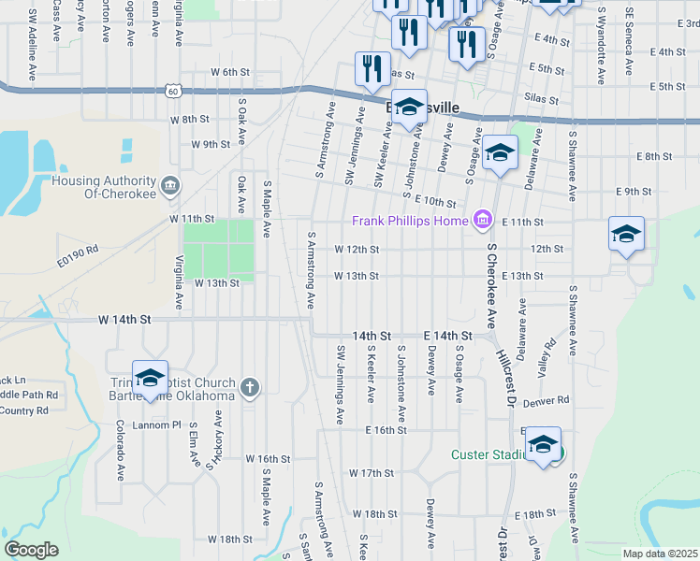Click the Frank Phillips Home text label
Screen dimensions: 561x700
(x=409, y=221)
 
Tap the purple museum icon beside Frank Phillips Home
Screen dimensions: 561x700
(x=482, y=220)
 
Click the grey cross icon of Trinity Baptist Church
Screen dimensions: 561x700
(x=249, y=387)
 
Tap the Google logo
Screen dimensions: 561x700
(x=31, y=550)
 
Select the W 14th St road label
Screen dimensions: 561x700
(x=124, y=319)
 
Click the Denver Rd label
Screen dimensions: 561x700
(x=547, y=400)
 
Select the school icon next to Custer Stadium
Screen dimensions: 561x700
(x=543, y=445)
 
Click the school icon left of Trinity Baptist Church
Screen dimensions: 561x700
(x=150, y=378)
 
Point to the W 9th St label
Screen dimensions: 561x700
(x=210, y=145)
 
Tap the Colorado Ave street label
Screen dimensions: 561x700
(x=120, y=449)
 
